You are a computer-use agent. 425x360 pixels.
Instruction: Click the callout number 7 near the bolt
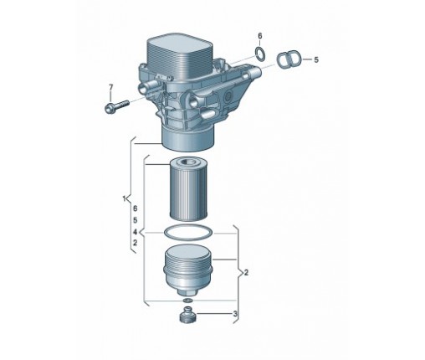pos(111,87)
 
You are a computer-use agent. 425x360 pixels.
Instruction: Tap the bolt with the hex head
pos(117,106)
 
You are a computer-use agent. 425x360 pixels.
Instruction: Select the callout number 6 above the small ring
pos(260,36)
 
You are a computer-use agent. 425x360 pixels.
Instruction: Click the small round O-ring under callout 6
pos(260,54)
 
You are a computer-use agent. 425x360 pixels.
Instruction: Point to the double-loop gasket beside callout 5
pos(288,59)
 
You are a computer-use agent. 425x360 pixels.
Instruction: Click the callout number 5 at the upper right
pos(316,59)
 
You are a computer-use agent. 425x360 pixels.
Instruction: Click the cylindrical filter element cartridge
pos(188,189)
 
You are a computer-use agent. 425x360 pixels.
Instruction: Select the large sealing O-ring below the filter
pos(188,233)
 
